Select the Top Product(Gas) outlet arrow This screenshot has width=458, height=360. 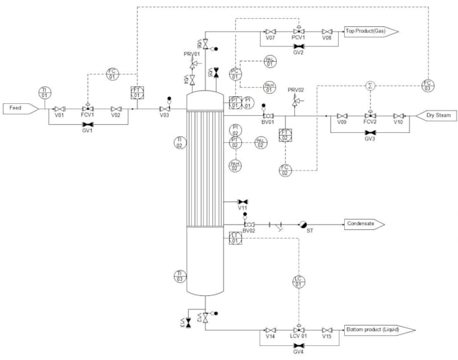coord(371,31)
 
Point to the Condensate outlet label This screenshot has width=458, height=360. coord(364,224)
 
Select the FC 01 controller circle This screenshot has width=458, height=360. coord(112,73)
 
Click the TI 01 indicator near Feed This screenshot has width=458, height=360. coord(44,92)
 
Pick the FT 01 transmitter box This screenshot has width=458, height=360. coord(137,92)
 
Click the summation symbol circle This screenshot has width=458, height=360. coord(370,86)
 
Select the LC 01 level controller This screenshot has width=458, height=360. coord(298,281)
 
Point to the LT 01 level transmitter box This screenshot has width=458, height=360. coord(236,237)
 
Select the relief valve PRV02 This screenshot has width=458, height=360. coord(295,101)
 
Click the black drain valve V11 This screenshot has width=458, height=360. coord(243,201)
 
